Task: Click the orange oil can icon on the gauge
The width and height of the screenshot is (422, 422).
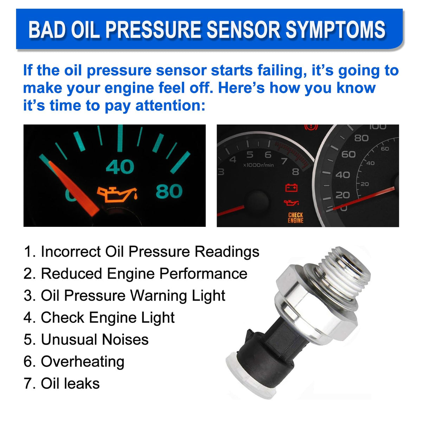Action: (x=117, y=194)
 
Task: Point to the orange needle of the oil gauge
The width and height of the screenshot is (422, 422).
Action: (x=73, y=188)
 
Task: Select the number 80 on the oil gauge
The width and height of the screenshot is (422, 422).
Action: (x=169, y=191)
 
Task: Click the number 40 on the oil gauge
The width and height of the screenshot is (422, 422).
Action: (x=120, y=167)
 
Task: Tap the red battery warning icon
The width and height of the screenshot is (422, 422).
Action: (x=291, y=188)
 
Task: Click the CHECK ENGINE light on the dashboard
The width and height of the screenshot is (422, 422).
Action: (x=295, y=218)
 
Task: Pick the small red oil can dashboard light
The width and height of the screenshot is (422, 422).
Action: (x=291, y=202)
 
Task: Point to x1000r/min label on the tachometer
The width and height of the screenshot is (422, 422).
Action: (x=258, y=165)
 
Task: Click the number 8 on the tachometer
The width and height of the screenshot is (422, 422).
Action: (x=295, y=172)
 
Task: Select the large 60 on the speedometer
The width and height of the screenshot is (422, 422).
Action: (x=349, y=154)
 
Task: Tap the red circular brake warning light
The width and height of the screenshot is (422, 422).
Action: (x=311, y=127)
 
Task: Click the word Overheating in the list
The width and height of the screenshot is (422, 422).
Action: (x=83, y=362)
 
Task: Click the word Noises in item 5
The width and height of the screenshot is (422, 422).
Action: (x=125, y=340)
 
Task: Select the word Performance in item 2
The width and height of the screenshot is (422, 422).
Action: (x=203, y=274)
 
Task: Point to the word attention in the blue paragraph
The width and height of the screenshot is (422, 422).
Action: (x=170, y=105)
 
